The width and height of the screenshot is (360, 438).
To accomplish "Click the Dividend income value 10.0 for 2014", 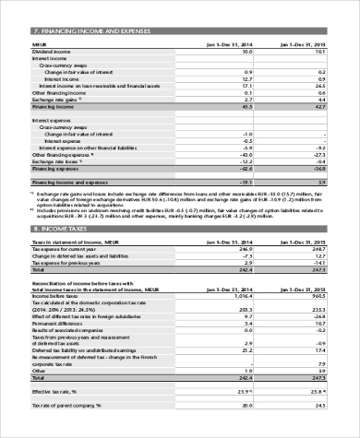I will tap(246, 52).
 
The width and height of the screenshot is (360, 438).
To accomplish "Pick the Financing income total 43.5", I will tap(246, 107).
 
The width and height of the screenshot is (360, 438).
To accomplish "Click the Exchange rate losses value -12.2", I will tap(246, 161).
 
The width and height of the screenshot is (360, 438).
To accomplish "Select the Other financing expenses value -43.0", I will tap(246, 154).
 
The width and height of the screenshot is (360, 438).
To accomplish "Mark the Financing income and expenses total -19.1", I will tap(246, 183).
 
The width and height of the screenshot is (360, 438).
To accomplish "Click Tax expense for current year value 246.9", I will tap(245, 249).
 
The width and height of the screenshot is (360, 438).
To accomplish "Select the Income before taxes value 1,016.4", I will tap(242, 294).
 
